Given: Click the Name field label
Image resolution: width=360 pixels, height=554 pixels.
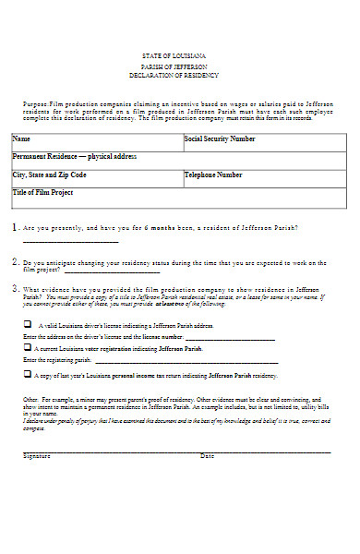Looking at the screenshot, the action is (x=21, y=139).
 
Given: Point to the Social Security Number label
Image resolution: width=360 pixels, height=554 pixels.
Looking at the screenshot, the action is (x=220, y=139).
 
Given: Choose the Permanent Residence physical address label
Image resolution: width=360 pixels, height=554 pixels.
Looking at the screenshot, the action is (x=61, y=157).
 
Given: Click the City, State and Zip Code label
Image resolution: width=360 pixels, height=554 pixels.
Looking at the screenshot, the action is (x=49, y=175).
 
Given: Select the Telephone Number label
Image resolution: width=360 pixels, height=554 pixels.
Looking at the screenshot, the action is (x=213, y=175).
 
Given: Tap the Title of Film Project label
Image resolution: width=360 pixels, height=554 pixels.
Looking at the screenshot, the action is (x=44, y=192).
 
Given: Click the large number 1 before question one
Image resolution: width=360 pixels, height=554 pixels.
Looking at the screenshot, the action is (x=14, y=227).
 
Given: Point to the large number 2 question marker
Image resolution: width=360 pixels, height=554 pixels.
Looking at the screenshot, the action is (x=14, y=261).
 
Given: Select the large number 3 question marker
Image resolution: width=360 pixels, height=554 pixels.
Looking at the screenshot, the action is (x=14, y=288).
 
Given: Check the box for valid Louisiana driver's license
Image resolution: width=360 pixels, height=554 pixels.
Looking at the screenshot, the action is (x=26, y=325).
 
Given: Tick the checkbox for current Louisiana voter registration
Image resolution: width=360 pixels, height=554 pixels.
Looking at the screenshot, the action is (x=26, y=349).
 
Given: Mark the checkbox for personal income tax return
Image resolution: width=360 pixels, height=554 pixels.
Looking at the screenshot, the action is (x=26, y=375).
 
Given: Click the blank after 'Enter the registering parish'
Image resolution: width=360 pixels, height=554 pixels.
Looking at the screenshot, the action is (x=138, y=361).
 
